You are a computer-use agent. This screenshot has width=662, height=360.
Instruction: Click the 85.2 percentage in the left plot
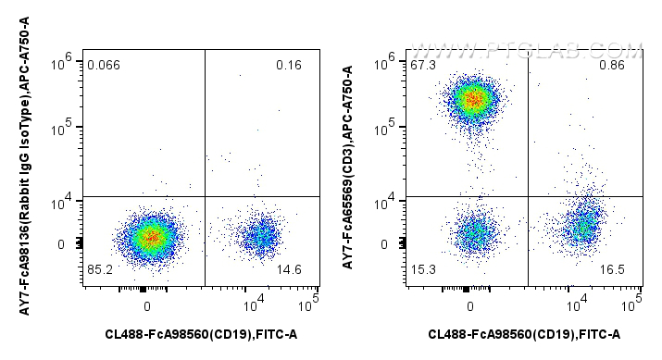[x=100, y=270]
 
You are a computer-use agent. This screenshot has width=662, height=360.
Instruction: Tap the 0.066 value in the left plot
[x=104, y=65]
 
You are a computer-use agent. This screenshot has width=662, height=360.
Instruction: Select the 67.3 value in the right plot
[x=424, y=65]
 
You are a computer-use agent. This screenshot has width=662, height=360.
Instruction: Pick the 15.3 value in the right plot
[x=424, y=270]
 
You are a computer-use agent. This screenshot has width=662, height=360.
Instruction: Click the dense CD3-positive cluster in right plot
[x=473, y=98]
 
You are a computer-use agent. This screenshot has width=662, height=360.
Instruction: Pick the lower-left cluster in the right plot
[x=474, y=233]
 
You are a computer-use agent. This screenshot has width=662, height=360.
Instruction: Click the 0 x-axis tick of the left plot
[x=146, y=304]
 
